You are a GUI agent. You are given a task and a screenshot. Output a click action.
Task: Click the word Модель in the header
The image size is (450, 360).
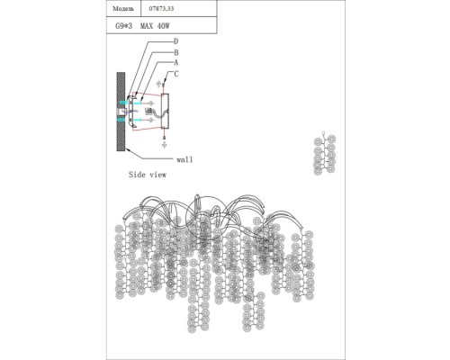123,9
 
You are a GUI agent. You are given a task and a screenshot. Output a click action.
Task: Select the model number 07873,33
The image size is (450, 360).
161,9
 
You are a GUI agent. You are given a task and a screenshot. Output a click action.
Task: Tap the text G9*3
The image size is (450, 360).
123,26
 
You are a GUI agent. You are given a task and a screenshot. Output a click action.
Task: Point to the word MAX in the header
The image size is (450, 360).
147,26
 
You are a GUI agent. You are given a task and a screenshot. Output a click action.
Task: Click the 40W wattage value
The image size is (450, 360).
163,26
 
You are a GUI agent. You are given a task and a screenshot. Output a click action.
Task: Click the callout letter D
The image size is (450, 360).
176,41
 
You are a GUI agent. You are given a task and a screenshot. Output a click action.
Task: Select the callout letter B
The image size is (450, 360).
176,52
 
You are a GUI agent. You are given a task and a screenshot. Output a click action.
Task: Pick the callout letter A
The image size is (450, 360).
176,62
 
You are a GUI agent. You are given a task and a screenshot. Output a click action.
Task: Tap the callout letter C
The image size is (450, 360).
176,74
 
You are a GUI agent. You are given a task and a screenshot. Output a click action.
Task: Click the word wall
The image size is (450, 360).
184,159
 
